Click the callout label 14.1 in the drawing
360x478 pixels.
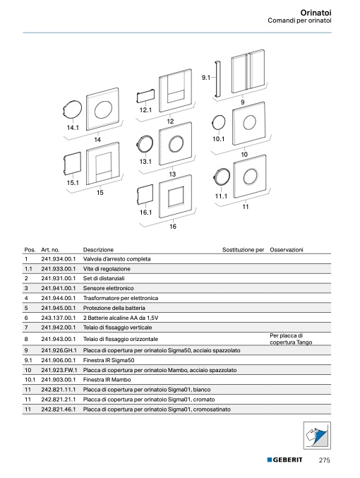tap(73, 128)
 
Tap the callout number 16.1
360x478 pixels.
tap(145, 213)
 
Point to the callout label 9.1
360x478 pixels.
tap(206, 78)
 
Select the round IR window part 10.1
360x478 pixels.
tap(219, 122)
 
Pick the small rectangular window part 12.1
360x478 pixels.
tap(145, 96)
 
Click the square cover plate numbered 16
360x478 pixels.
tap(175, 196)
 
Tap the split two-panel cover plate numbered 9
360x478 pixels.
tap(248, 71)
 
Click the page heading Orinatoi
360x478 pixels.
tap(316, 13)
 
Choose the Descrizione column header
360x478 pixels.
tap(98, 250)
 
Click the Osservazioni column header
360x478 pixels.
tap(286, 250)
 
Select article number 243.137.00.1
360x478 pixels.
tap(58, 318)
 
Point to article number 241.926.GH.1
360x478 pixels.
tap(59, 350)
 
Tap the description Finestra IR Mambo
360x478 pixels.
tap(107, 380)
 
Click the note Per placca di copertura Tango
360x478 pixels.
tap(291, 339)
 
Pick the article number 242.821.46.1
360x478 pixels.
tap(58, 409)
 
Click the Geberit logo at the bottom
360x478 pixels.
tap(284, 460)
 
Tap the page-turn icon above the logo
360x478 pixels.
tap(317, 436)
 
